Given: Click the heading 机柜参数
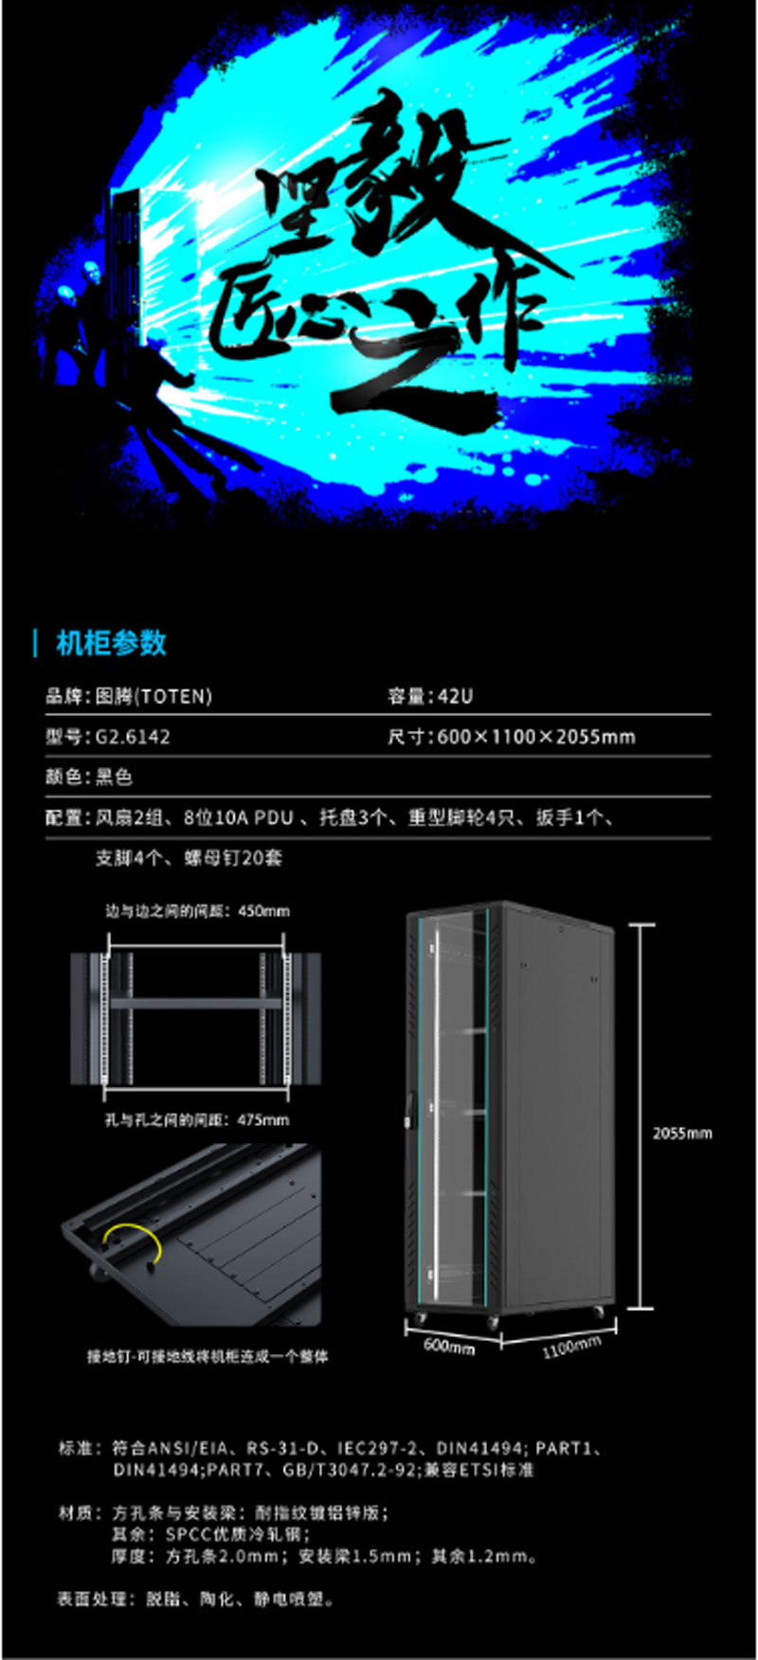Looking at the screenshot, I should [x=111, y=643].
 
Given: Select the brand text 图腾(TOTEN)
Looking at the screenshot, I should [x=153, y=696].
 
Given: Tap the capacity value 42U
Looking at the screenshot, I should [x=455, y=696].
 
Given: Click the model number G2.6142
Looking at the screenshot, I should [x=133, y=737].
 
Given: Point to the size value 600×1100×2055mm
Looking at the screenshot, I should [x=536, y=737].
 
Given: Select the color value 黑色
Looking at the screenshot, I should [x=114, y=776].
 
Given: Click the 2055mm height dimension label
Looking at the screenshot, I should [x=682, y=1133].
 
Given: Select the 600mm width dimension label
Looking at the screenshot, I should [x=449, y=1345].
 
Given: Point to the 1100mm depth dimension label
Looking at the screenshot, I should [x=571, y=1346].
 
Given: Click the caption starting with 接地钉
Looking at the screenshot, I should [x=208, y=1356].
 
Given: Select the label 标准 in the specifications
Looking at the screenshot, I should [x=76, y=1448].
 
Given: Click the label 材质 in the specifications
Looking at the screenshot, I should [x=76, y=1512].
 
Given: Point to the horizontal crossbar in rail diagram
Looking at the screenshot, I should [x=196, y=1002].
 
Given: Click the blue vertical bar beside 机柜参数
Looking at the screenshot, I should [x=36, y=643].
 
